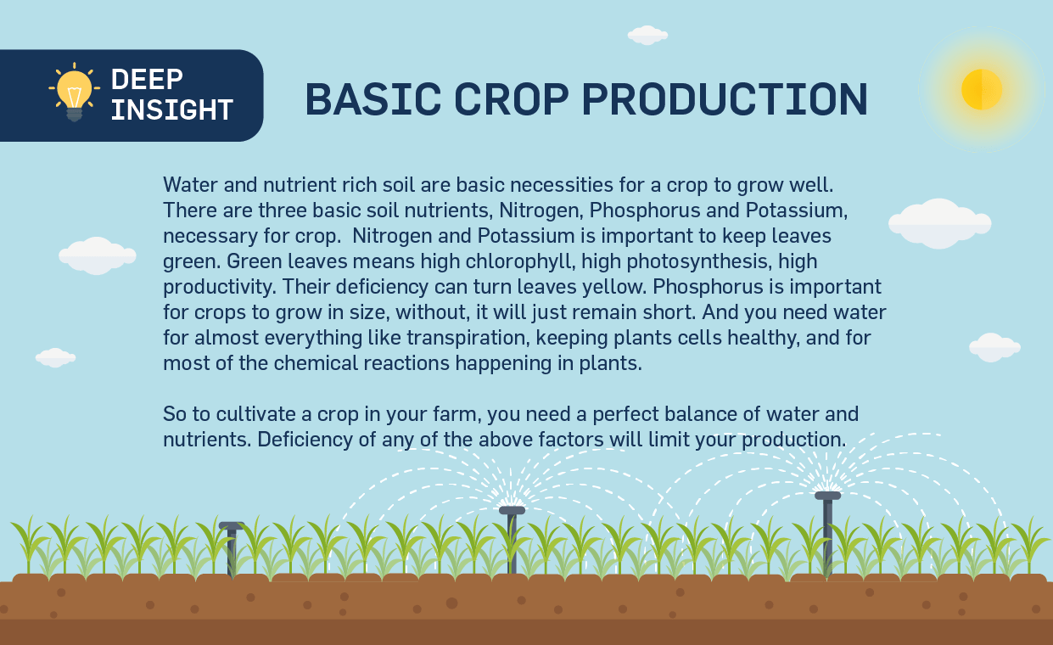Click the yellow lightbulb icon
[x=75, y=92]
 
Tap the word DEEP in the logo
[x=147, y=79]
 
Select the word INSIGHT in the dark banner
[x=172, y=109]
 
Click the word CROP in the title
[x=512, y=98]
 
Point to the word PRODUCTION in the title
[x=725, y=98]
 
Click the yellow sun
[x=982, y=89]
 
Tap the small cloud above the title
[x=647, y=36]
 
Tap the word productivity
[x=220, y=287]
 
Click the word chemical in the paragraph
[x=316, y=363]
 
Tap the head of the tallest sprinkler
[x=827, y=496]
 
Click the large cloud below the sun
[x=939, y=223]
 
